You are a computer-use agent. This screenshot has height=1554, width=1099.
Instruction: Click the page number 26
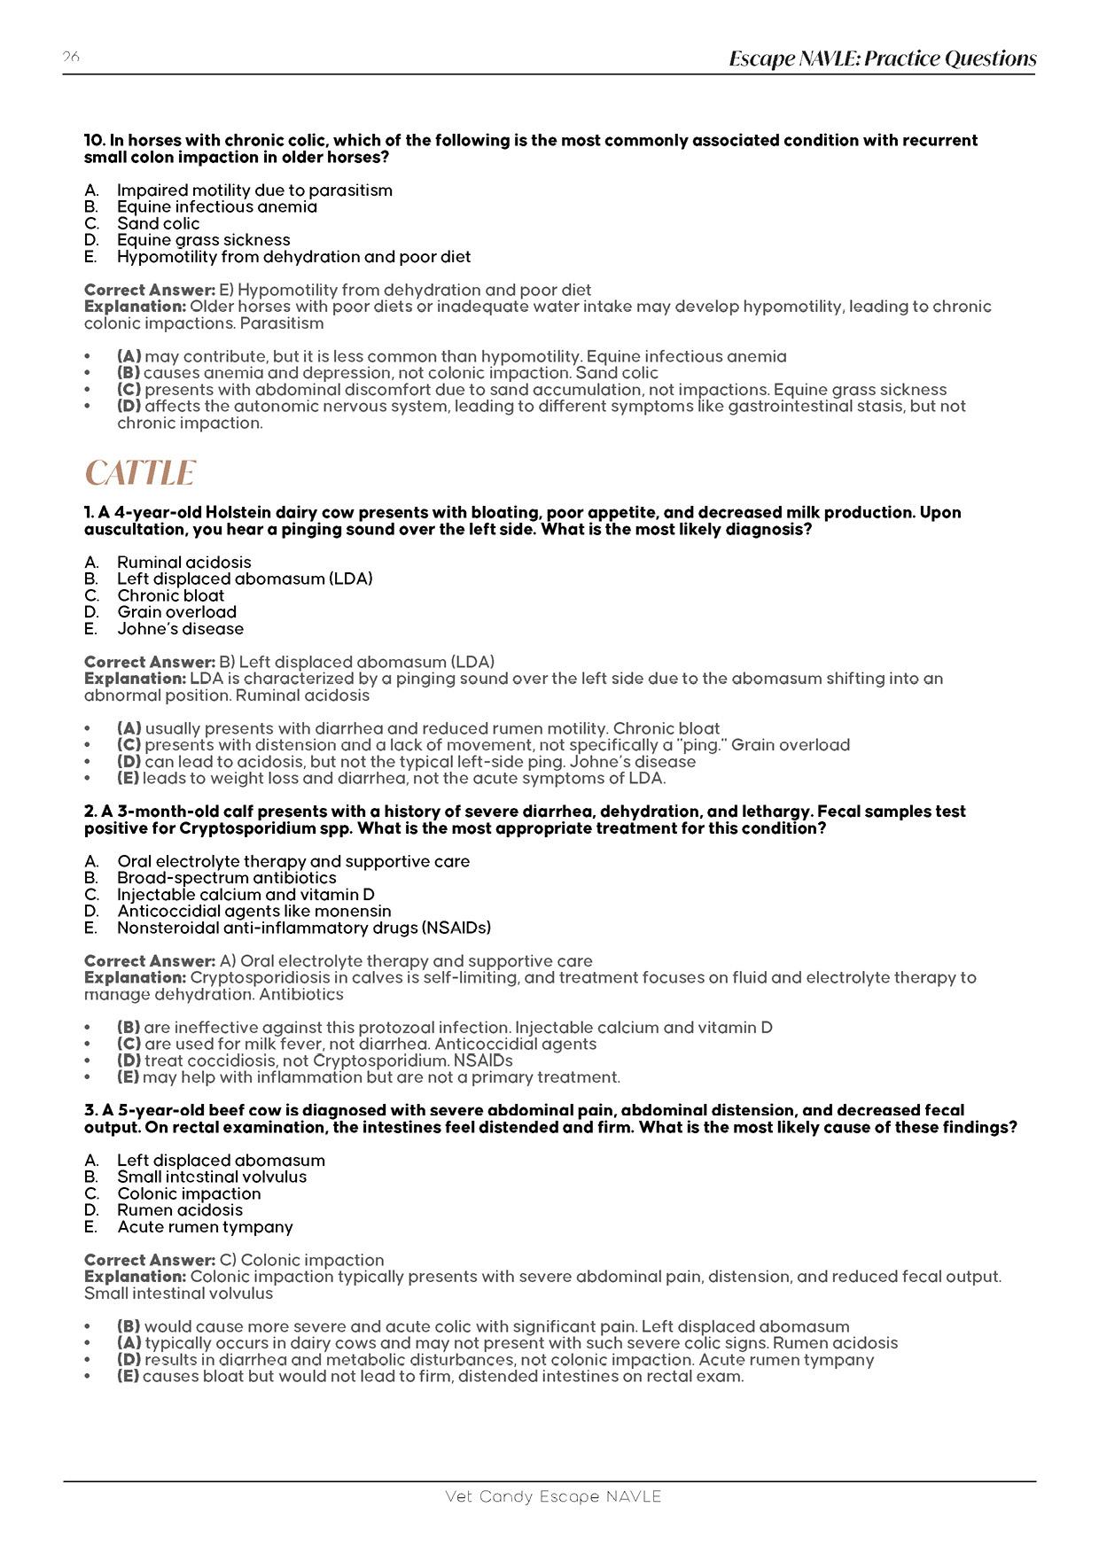pyautogui.click(x=71, y=57)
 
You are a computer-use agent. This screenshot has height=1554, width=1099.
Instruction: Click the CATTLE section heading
pyautogui.click(x=139, y=473)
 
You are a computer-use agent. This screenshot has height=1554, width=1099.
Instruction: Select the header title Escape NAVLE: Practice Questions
pyautogui.click(x=882, y=58)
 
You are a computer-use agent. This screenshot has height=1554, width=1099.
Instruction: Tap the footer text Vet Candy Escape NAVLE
pyautogui.click(x=553, y=1496)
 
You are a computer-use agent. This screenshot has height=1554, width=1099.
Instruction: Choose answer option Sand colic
pyautogui.click(x=158, y=223)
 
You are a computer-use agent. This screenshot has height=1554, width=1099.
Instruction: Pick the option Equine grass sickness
pyautogui.click(x=203, y=240)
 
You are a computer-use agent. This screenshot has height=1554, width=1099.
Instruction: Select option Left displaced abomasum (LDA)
pyautogui.click(x=245, y=579)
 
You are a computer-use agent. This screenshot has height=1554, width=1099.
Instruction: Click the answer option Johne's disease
pyautogui.click(x=180, y=629)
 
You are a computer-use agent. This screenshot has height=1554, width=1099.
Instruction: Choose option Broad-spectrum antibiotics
pyautogui.click(x=226, y=878)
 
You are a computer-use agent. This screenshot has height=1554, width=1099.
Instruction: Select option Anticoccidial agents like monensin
pyautogui.click(x=253, y=911)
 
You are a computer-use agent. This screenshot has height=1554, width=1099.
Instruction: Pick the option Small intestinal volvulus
pyautogui.click(x=212, y=1177)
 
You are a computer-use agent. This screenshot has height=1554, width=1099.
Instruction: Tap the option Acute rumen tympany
pyautogui.click(x=205, y=1227)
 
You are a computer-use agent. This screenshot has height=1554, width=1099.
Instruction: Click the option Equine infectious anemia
pyautogui.click(x=216, y=206)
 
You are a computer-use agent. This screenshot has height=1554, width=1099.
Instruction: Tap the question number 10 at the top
pyautogui.click(x=95, y=140)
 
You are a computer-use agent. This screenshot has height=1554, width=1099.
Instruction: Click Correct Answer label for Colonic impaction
pyautogui.click(x=150, y=1260)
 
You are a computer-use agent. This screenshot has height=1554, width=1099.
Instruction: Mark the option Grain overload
pyautogui.click(x=176, y=612)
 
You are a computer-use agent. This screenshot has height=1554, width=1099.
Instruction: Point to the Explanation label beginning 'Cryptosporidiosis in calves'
pyautogui.click(x=135, y=977)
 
